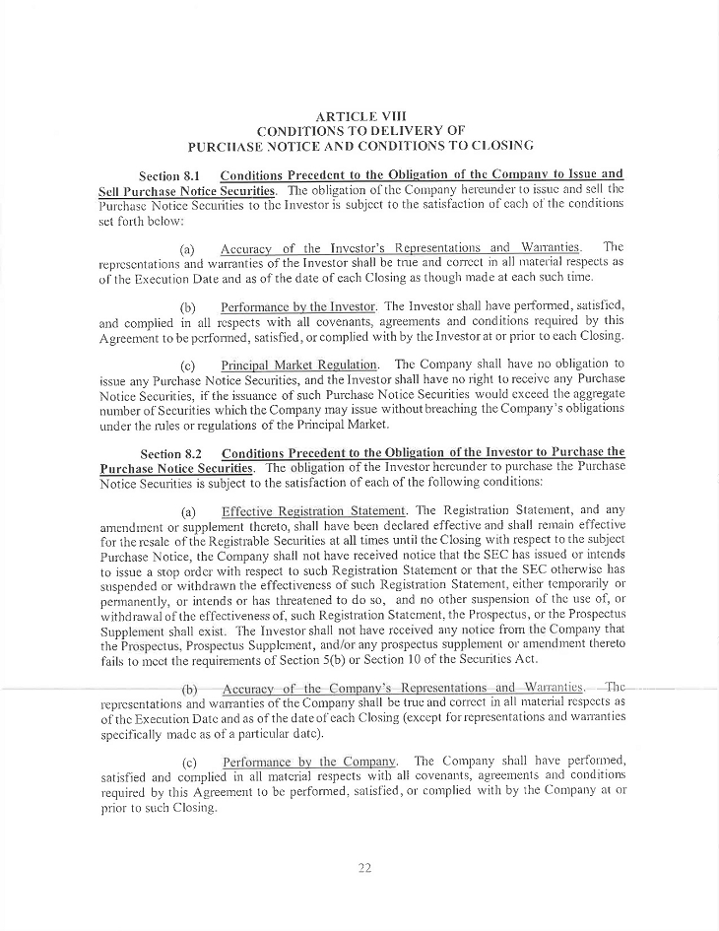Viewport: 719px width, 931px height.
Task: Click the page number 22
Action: click(x=360, y=866)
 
